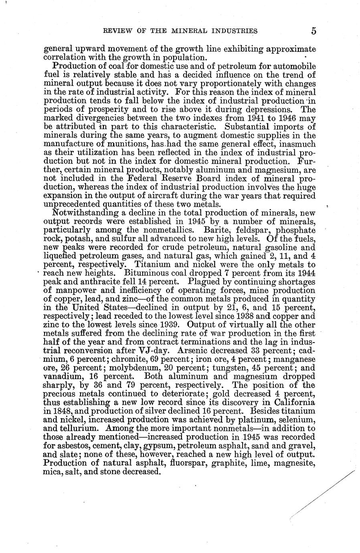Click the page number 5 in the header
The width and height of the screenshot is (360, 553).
coord(313,31)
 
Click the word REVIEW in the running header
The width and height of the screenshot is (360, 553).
coord(117,31)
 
